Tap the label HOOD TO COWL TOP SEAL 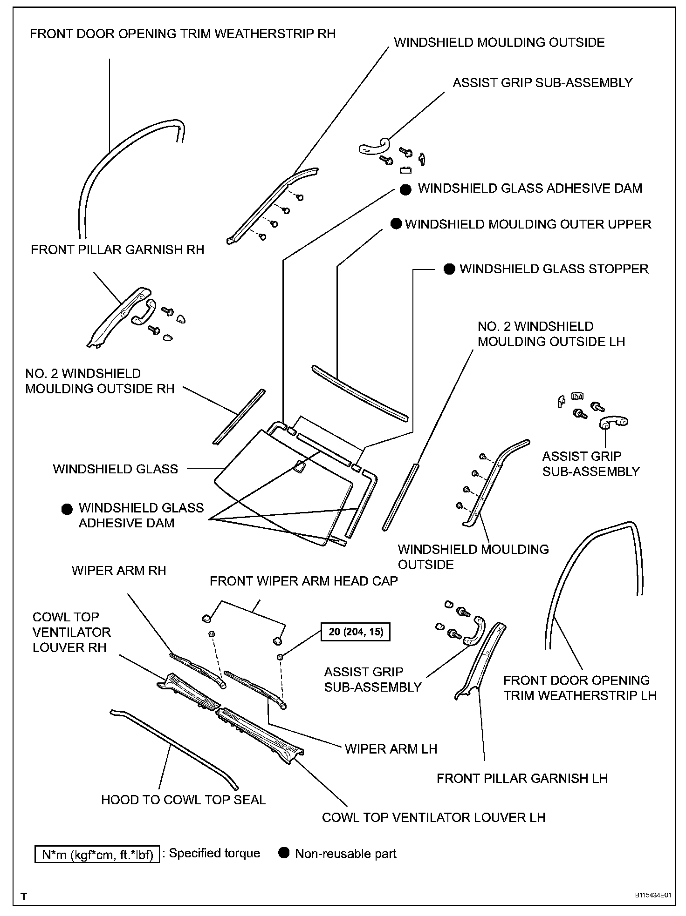coord(183,800)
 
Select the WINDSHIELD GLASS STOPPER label coord(554,269)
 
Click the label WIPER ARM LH coord(391,749)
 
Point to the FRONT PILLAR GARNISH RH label coord(117,250)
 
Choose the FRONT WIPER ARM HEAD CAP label coord(303,581)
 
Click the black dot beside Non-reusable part coord(284,853)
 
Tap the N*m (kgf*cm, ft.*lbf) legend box coord(97,855)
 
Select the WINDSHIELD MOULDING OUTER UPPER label coord(528,224)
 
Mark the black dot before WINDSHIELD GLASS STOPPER coord(449,269)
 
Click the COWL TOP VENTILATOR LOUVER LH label coord(433,817)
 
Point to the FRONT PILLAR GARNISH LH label coord(522,778)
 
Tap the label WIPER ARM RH coord(119,571)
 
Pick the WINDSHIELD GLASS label coord(116,469)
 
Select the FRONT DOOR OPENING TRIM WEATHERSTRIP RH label coord(183,34)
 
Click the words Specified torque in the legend coord(214,853)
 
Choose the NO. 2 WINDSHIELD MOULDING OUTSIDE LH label coord(551,334)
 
